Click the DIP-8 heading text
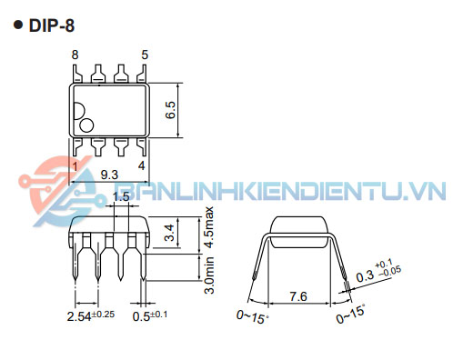pos(52,25)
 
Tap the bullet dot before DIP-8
pos(18,25)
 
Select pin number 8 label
pos(75,55)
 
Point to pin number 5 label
pos(145,55)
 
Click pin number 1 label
pos(75,166)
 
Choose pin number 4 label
pos(142,165)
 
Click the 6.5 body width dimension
pos(170,110)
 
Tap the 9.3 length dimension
pos(109,175)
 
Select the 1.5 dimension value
pos(121,197)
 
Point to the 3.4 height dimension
pos(169,233)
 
